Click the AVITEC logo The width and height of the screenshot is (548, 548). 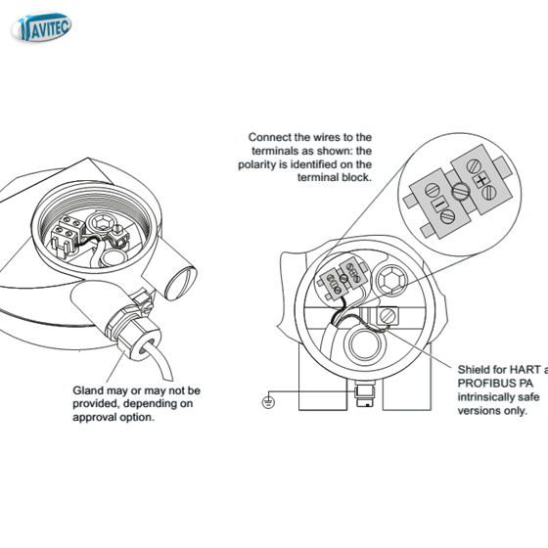41,27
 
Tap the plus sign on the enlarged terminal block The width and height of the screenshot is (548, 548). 480,181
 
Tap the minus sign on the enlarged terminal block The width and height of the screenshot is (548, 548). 439,205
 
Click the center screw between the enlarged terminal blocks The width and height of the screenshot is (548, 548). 460,192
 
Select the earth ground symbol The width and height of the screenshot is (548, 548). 268,402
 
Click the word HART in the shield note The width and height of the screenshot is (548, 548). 522,370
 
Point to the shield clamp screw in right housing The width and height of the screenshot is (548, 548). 388,317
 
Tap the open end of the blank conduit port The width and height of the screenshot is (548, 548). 181,284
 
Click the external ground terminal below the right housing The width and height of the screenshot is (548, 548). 364,393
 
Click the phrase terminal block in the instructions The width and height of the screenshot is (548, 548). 335,177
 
